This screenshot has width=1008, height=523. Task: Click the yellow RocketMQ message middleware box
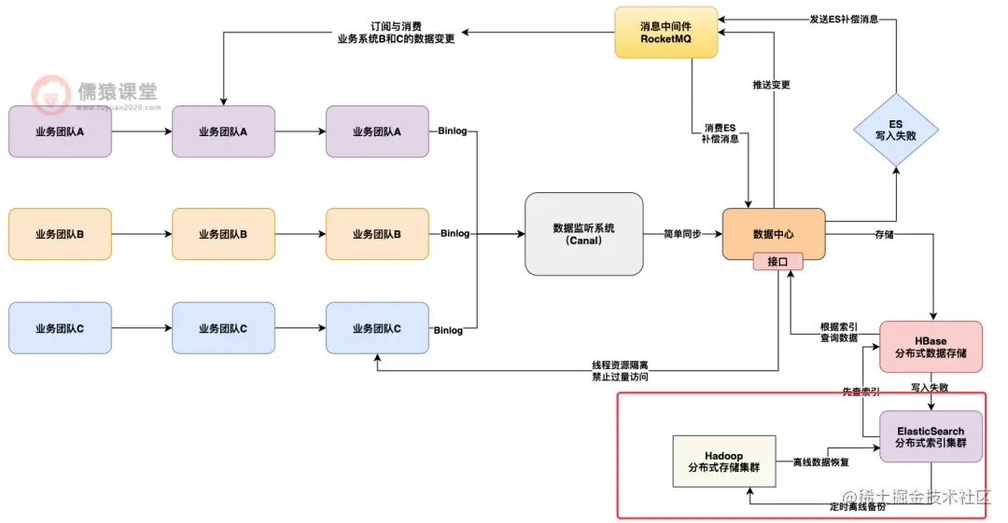(665, 32)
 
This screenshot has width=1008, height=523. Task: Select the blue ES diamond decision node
(895, 130)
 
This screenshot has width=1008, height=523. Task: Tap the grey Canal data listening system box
(583, 233)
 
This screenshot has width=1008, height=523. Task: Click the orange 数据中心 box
(774, 233)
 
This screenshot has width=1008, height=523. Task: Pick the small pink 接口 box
(777, 262)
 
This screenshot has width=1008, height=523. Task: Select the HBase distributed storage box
(931, 347)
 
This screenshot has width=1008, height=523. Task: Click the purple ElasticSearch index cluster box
(931, 436)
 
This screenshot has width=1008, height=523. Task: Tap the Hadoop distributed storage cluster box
(723, 461)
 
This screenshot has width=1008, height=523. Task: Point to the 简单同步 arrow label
(682, 233)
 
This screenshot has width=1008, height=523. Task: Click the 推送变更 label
(771, 85)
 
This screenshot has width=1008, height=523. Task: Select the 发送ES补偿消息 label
(844, 20)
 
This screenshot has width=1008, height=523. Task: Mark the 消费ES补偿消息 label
(720, 132)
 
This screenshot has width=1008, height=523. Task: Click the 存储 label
(883, 234)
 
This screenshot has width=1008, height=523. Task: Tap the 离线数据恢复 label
(820, 461)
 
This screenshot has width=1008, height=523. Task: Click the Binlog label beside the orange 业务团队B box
(455, 233)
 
